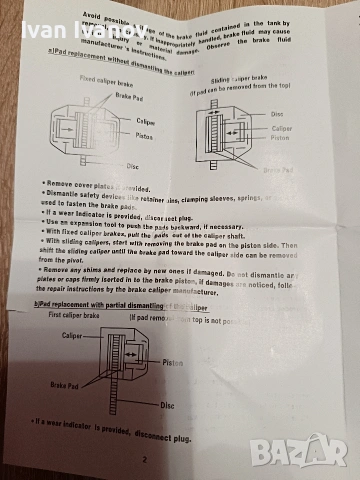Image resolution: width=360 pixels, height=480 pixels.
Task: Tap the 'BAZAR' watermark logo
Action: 310,451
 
